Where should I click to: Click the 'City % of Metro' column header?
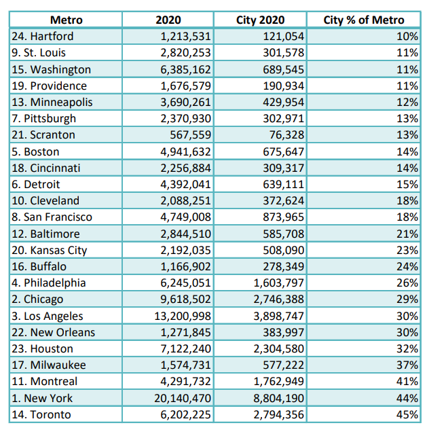click(364, 20)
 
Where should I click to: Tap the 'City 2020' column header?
click(260, 20)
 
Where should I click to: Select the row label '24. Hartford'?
click(43, 37)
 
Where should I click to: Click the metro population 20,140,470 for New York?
click(183, 398)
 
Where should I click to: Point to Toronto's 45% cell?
click(407, 414)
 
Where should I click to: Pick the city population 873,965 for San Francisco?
click(284, 217)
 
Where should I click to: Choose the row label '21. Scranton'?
click(43, 134)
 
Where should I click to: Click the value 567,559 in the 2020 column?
click(190, 134)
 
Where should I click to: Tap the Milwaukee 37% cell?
click(407, 365)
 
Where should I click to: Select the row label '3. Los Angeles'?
click(48, 316)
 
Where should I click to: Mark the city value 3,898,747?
click(279, 316)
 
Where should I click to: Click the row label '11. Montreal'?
click(45, 382)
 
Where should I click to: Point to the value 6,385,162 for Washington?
click(185, 69)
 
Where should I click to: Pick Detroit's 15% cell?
click(407, 184)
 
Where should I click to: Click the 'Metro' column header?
click(67, 20)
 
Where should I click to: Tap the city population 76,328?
click(287, 134)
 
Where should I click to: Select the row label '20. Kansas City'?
click(50, 251)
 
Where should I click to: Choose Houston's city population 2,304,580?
click(279, 348)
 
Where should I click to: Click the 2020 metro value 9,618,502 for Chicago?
click(185, 300)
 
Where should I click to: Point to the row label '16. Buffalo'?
click(39, 266)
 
